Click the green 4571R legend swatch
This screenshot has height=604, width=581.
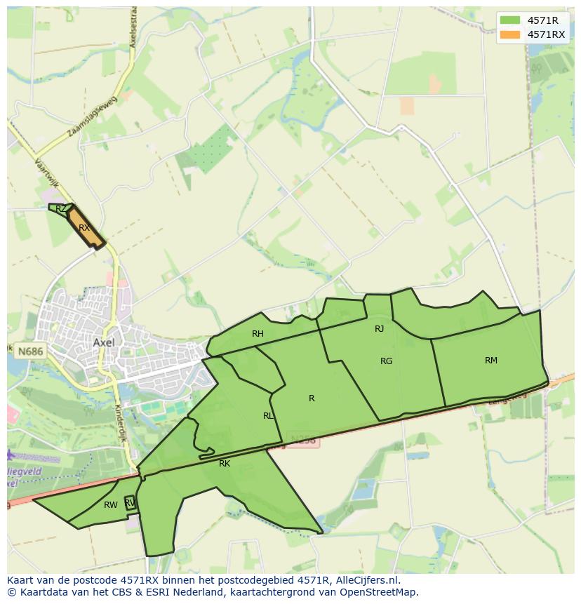pyautogui.click(x=510, y=20)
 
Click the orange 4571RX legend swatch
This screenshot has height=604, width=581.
pyautogui.click(x=510, y=34)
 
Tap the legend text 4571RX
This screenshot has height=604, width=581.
pyautogui.click(x=546, y=34)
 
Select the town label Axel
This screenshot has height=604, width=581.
pyautogui.click(x=103, y=342)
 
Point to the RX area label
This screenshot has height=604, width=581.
pyautogui.click(x=84, y=227)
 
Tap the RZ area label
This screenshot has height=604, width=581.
pyautogui.click(x=61, y=208)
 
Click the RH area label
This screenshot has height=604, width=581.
pyautogui.click(x=258, y=334)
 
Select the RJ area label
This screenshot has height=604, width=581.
pyautogui.click(x=379, y=328)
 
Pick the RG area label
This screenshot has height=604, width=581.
pyautogui.click(x=386, y=361)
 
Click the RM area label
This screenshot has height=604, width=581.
pyautogui.click(x=491, y=361)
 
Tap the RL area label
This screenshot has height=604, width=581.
pyautogui.click(x=268, y=416)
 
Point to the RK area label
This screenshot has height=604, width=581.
pyautogui.click(x=225, y=464)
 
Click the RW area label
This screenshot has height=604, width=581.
pyautogui.click(x=110, y=505)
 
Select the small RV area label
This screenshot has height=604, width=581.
pyautogui.click(x=129, y=502)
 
